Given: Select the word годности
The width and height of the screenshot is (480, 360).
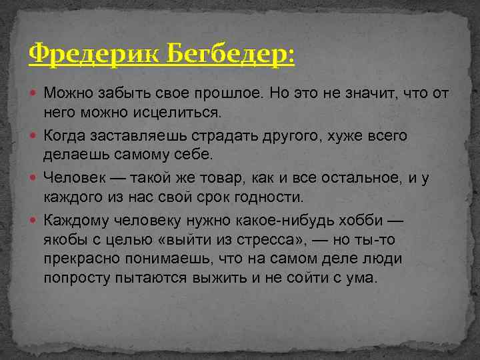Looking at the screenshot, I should click(273, 197).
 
